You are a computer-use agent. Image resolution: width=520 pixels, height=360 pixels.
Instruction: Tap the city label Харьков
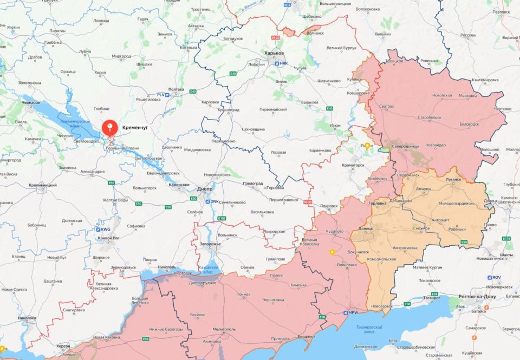tap(274, 53)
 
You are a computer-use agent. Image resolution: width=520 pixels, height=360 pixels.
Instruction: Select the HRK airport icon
tap(277, 64)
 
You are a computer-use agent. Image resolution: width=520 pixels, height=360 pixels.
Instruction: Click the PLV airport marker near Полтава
tap(167, 95)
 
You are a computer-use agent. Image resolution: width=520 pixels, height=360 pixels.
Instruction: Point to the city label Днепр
tap(204, 191)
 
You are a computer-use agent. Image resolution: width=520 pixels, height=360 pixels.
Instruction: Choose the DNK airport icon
tap(207, 201)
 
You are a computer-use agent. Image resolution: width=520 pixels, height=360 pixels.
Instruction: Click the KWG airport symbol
tap(99, 229)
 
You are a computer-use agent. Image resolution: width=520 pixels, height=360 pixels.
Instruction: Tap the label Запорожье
tap(210, 244)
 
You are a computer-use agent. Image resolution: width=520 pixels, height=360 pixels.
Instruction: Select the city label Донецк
tap(365, 229)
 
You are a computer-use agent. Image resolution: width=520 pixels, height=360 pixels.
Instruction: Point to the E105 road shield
tap(221, 218)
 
